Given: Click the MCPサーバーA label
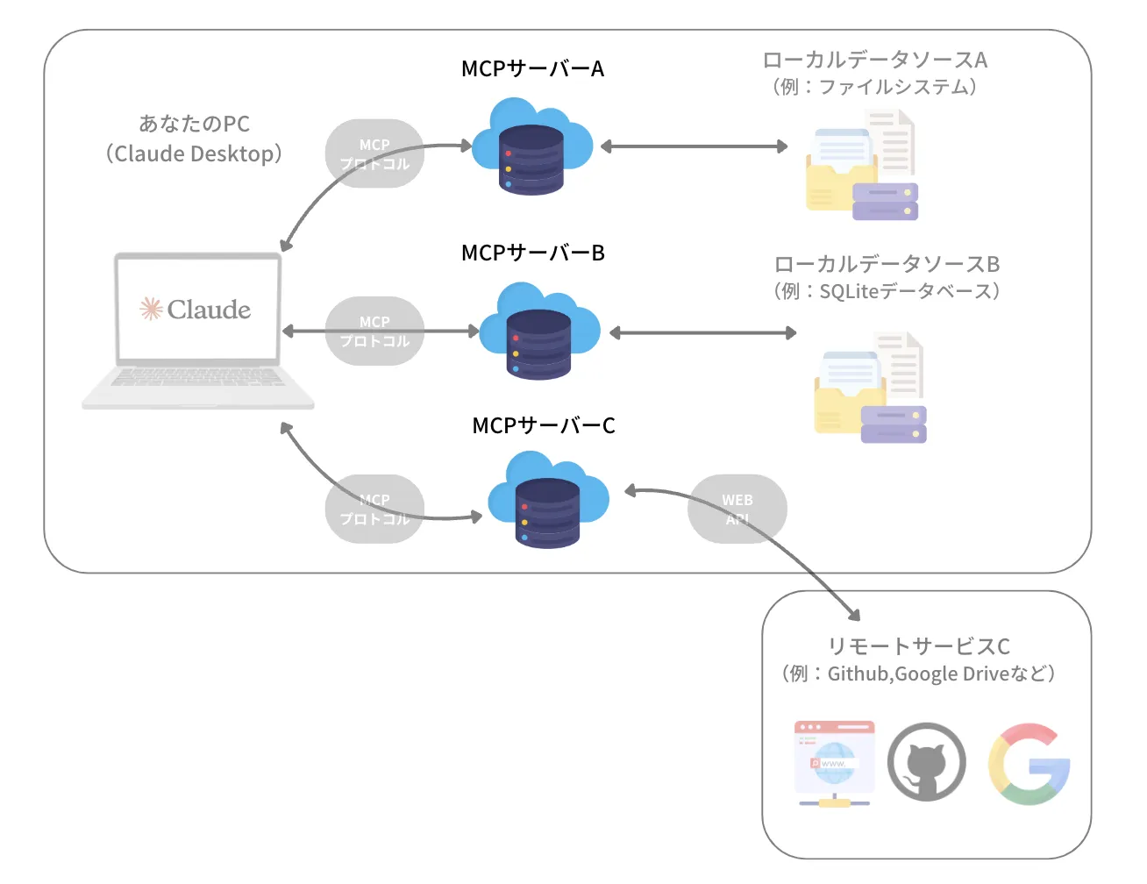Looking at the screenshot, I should [532, 68].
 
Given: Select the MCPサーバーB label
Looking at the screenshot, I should [532, 253].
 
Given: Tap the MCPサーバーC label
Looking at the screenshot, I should [543, 425].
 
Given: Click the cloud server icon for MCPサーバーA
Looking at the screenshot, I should [531, 147].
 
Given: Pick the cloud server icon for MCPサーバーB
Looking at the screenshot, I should [538, 331].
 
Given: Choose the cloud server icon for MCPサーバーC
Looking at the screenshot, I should [547, 501].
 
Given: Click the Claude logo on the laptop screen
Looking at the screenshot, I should [196, 309].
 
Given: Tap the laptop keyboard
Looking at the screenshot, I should [198, 377].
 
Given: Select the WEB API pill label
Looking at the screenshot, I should [737, 509].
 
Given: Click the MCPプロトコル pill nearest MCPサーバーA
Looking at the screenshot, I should [374, 153].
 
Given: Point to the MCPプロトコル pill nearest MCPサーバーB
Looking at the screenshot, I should [374, 331].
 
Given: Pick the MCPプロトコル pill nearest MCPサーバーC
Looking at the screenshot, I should [374, 509].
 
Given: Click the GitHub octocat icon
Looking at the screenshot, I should [926, 762].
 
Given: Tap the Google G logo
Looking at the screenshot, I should [1029, 764].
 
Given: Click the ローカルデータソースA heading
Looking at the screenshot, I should [874, 60].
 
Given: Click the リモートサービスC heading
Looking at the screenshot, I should [918, 646].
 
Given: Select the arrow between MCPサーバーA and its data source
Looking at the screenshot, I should [694, 146].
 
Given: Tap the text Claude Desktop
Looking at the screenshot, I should [194, 153].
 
